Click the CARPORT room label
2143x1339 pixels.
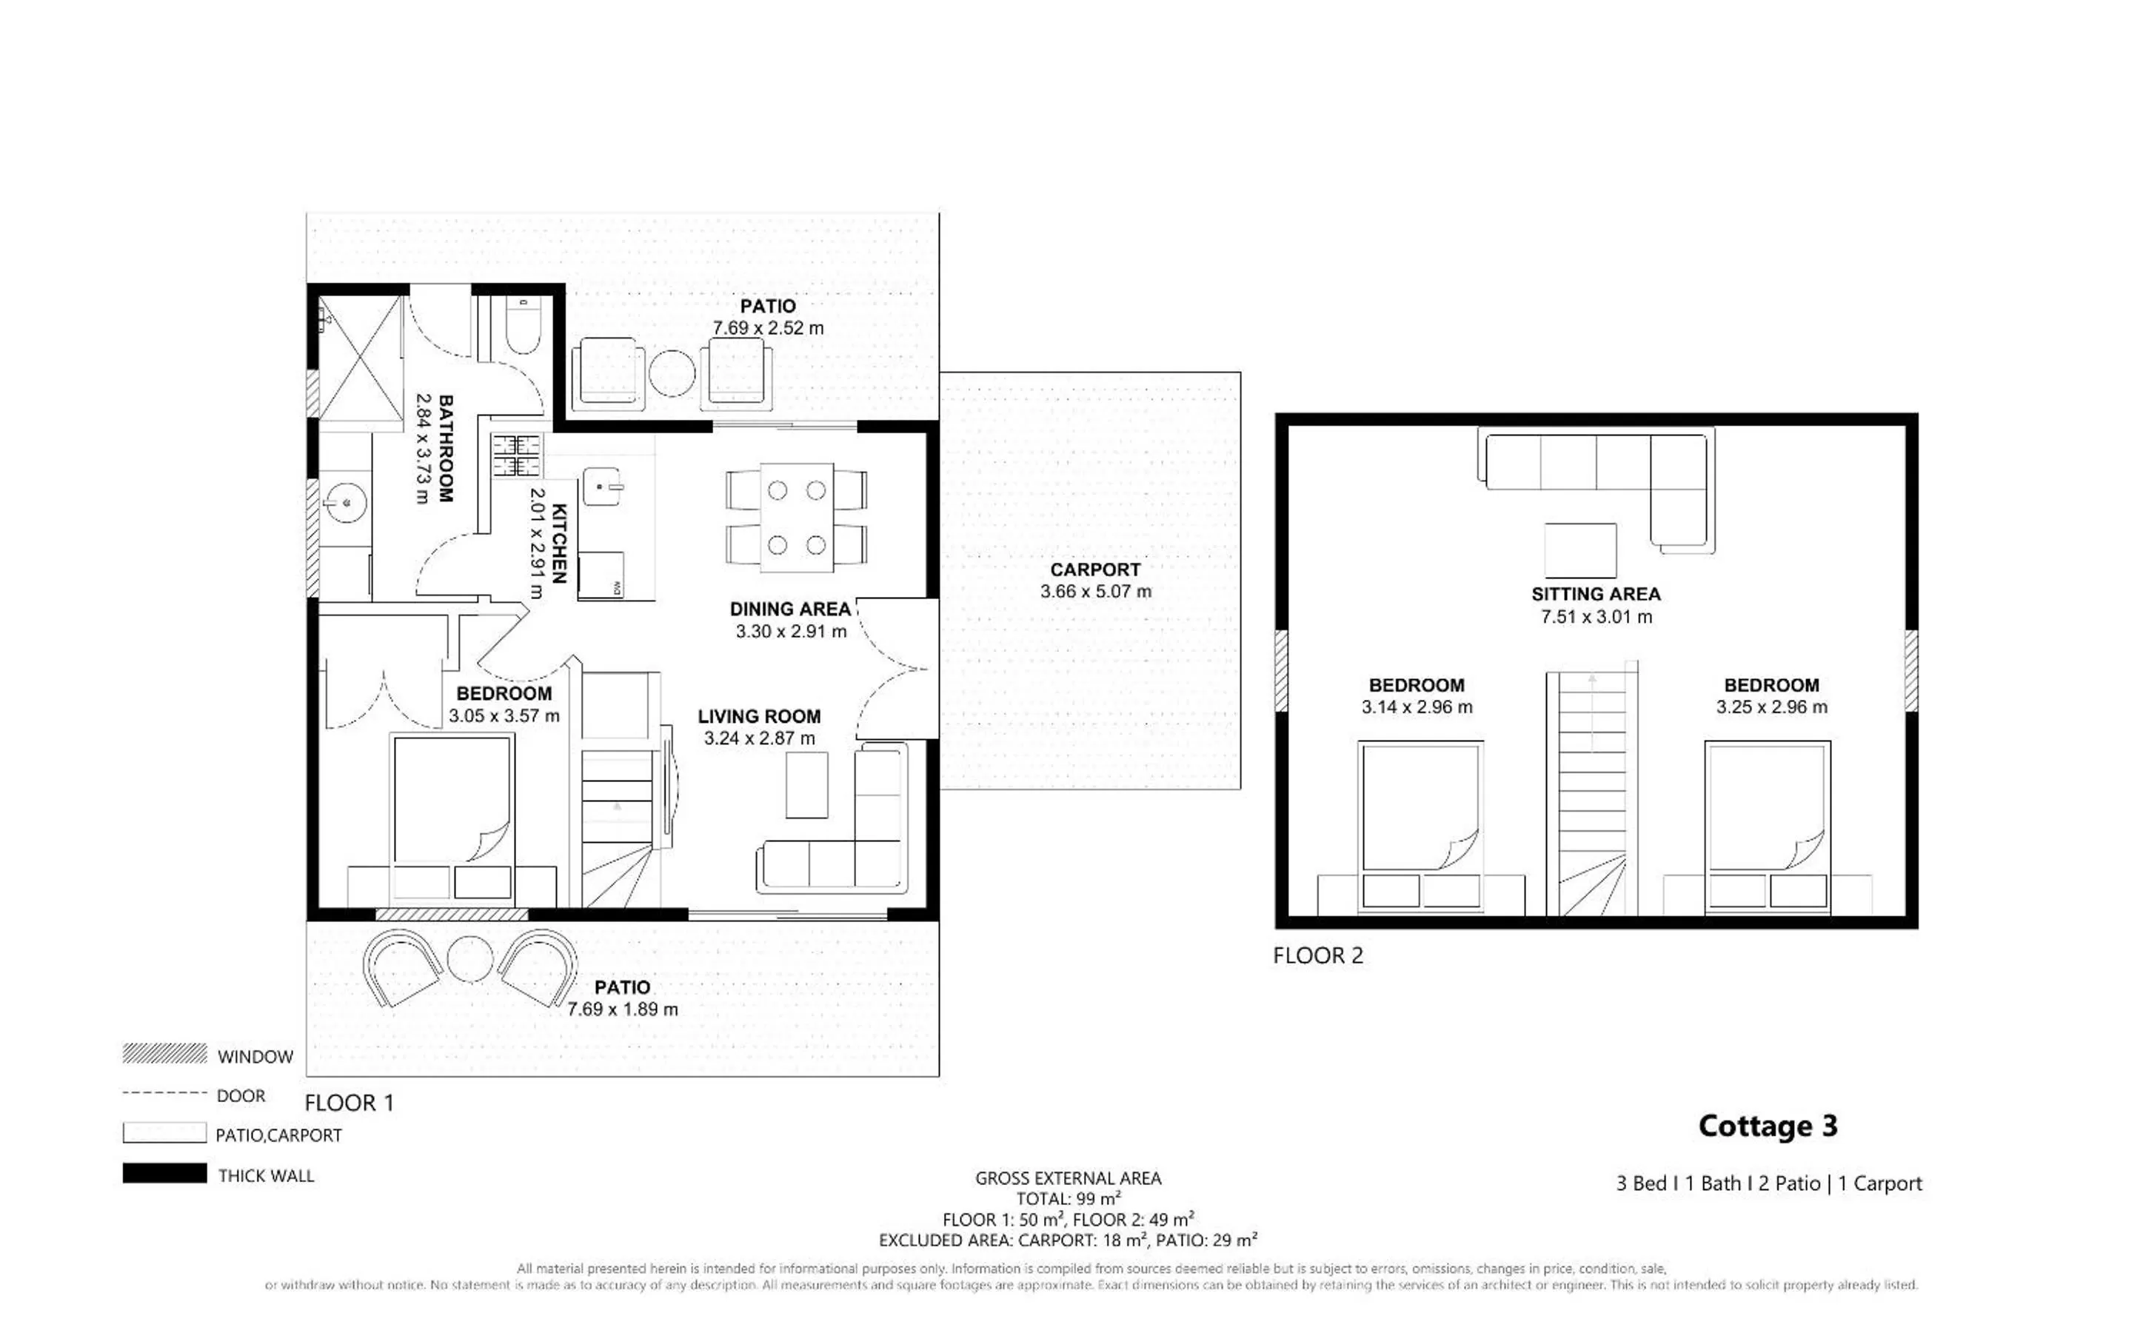point(1095,570)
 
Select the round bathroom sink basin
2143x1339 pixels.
point(346,504)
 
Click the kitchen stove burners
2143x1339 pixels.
point(516,456)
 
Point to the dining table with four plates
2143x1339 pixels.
point(796,516)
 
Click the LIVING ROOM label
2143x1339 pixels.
point(758,716)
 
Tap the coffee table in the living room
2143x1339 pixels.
point(806,784)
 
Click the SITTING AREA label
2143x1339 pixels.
point(1596,594)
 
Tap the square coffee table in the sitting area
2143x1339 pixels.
point(1580,551)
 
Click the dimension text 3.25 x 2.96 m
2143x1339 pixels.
point(1771,707)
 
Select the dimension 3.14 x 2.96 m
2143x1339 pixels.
point(1417,707)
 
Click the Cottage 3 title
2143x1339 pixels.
point(1768,1126)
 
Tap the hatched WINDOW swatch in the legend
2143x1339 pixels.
point(164,1054)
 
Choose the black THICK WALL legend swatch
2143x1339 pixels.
point(164,1172)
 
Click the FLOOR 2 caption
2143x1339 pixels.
point(1318,955)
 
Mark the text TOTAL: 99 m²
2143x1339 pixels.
point(1069,1198)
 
